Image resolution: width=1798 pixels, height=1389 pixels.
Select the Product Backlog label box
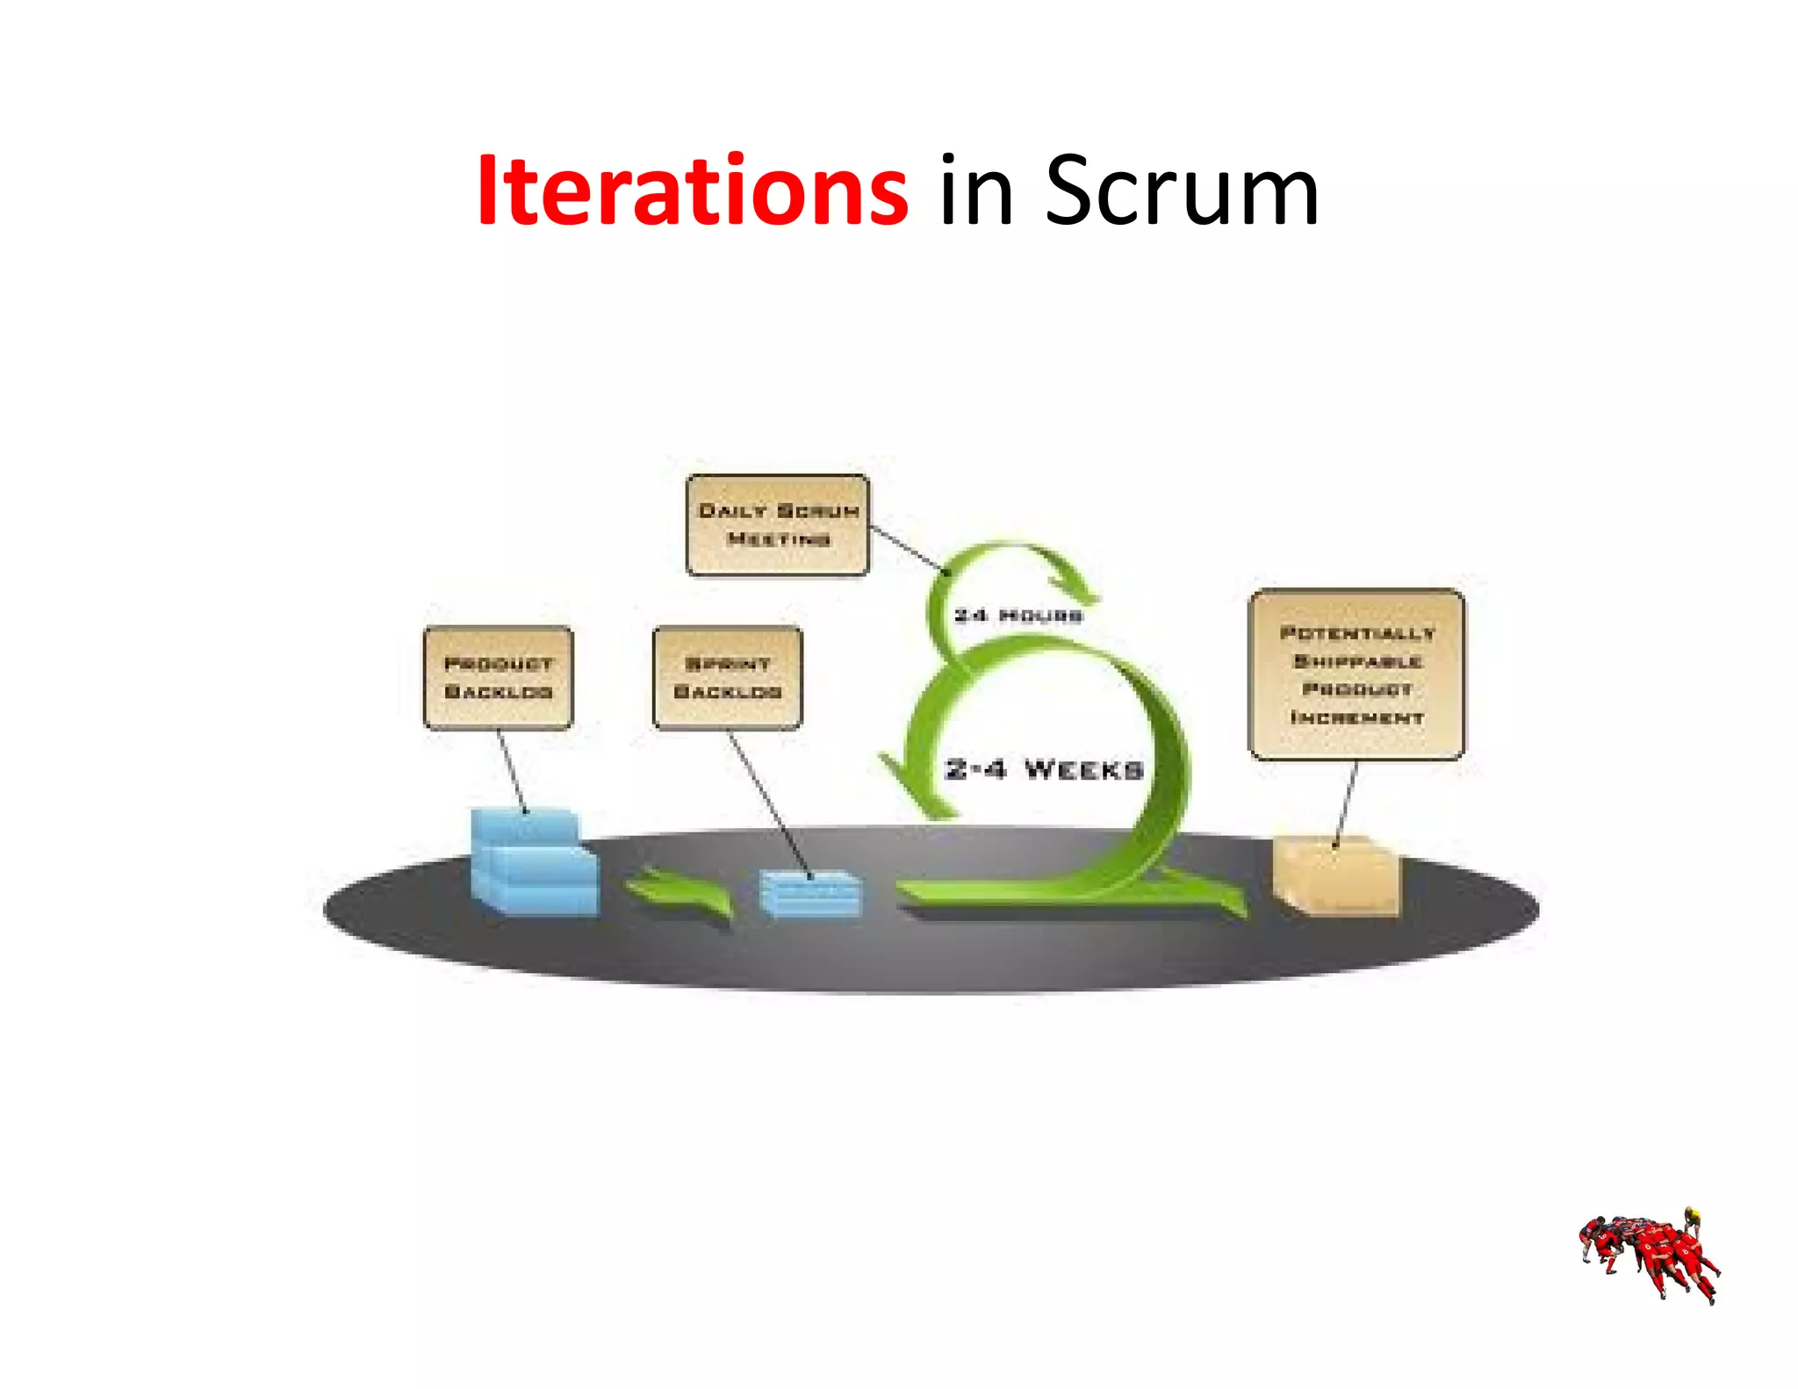pos(498,677)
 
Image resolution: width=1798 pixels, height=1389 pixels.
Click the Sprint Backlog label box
pos(727,677)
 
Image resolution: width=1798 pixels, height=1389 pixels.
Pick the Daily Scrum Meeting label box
pos(778,525)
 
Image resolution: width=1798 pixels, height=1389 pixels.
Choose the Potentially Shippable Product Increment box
pos(1356,674)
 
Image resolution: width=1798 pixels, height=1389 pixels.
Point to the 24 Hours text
pos(1018,615)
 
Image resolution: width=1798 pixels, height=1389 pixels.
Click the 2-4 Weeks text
pos(1044,770)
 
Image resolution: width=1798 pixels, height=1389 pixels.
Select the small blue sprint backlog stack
pos(809,894)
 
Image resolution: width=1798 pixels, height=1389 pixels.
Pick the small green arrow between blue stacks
pos(680,894)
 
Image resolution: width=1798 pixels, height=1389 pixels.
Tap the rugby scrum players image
pos(1649,1254)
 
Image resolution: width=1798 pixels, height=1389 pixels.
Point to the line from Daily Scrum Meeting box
pos(909,550)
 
